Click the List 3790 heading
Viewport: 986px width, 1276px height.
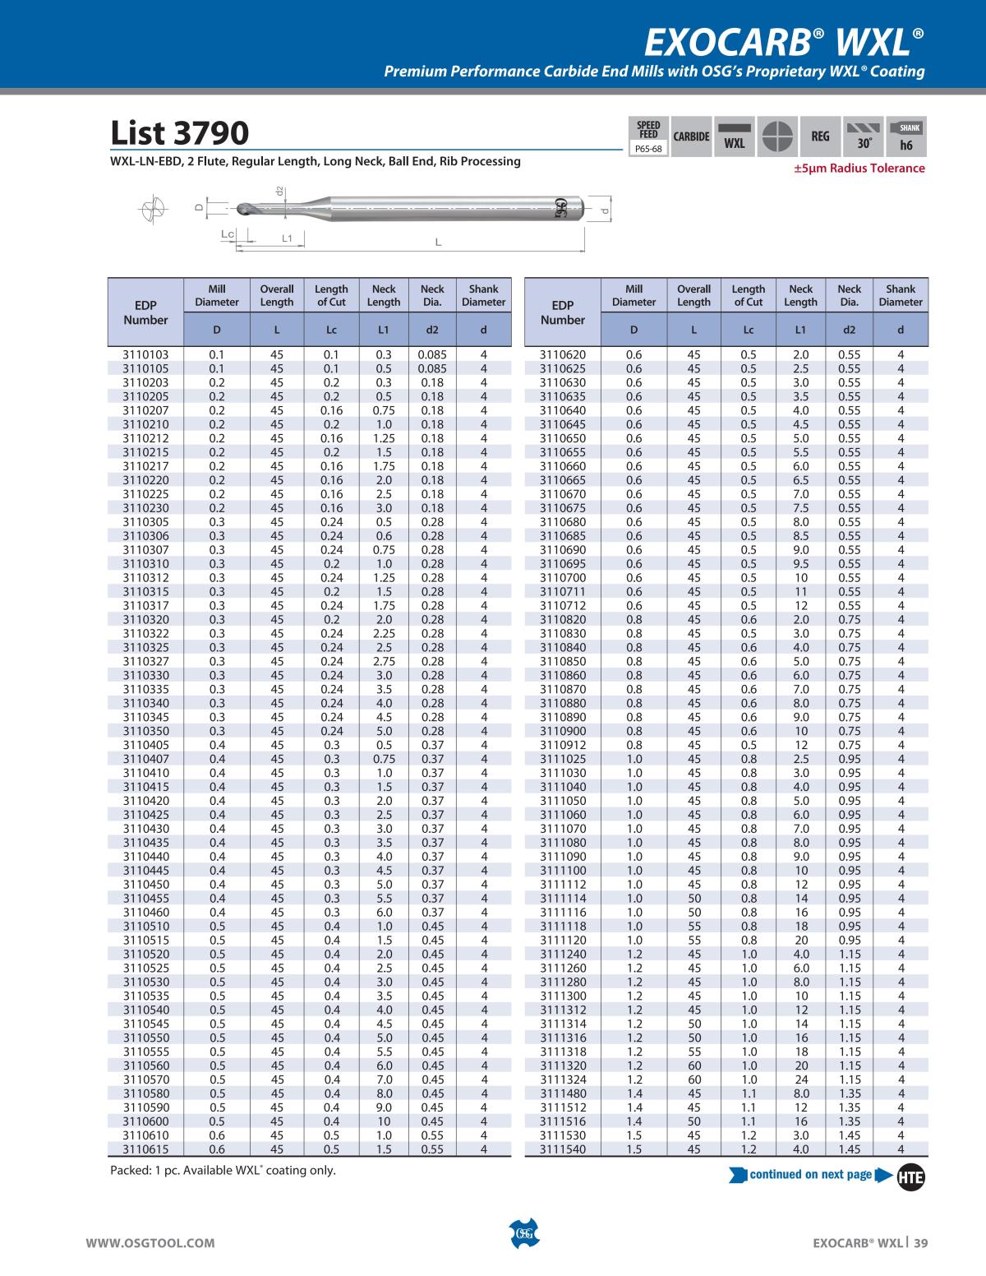tap(179, 133)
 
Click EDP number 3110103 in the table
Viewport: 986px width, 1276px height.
tap(145, 355)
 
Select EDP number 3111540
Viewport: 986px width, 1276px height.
tap(563, 1149)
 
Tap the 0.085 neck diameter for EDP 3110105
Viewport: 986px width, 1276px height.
tap(432, 369)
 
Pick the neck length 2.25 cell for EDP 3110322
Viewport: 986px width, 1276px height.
tap(384, 634)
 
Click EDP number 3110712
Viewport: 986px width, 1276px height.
tap(563, 606)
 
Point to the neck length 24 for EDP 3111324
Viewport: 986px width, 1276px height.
tap(800, 1080)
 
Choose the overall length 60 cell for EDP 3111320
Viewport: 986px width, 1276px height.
tap(693, 1066)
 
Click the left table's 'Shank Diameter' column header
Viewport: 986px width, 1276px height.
tap(483, 296)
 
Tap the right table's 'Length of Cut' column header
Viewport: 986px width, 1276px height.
tap(748, 296)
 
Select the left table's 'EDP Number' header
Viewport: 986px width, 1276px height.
tap(145, 312)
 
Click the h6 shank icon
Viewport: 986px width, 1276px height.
tap(906, 137)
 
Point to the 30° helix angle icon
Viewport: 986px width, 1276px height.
tap(864, 137)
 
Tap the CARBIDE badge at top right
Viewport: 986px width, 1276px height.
tap(691, 136)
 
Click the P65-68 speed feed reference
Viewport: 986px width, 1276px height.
tap(648, 150)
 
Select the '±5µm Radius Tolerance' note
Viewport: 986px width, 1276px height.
tap(858, 169)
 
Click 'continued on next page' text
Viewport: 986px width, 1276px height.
tap(810, 1174)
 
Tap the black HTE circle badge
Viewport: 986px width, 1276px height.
tap(910, 1177)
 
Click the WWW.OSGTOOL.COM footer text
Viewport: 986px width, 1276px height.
tap(150, 1243)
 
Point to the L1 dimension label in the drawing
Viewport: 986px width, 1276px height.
tap(287, 238)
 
